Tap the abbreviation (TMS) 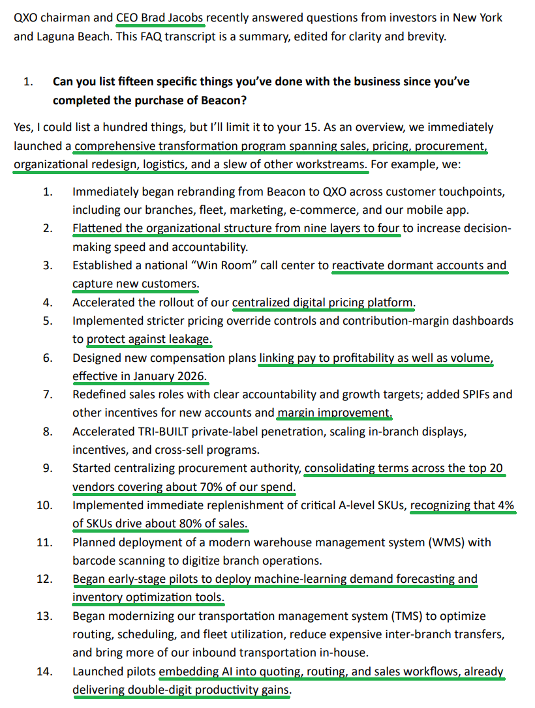(420, 616)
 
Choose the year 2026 (190, 376)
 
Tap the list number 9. (47, 469)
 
